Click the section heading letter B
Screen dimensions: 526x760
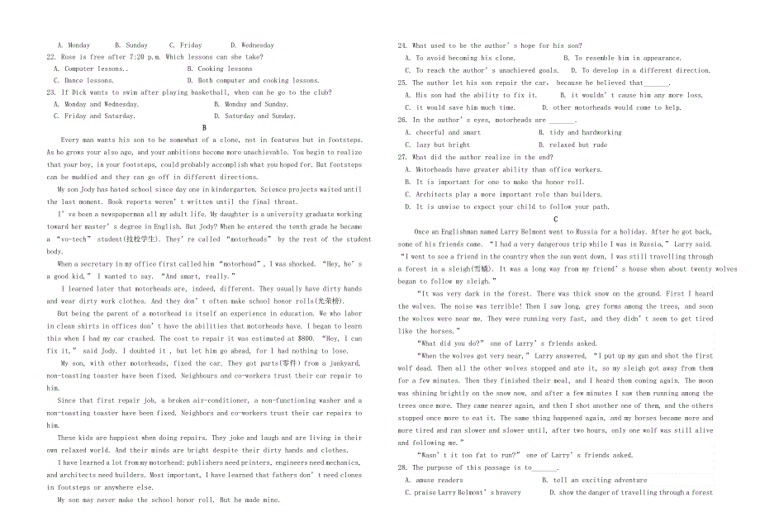(204, 128)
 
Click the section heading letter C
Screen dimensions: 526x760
(555, 219)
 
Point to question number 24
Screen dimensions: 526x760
(402, 45)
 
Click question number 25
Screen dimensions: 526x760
(402, 83)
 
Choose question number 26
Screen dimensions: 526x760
(402, 120)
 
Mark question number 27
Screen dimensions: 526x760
(402, 157)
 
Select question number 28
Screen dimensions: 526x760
(402, 467)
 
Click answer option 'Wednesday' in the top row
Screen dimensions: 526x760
(252, 45)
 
